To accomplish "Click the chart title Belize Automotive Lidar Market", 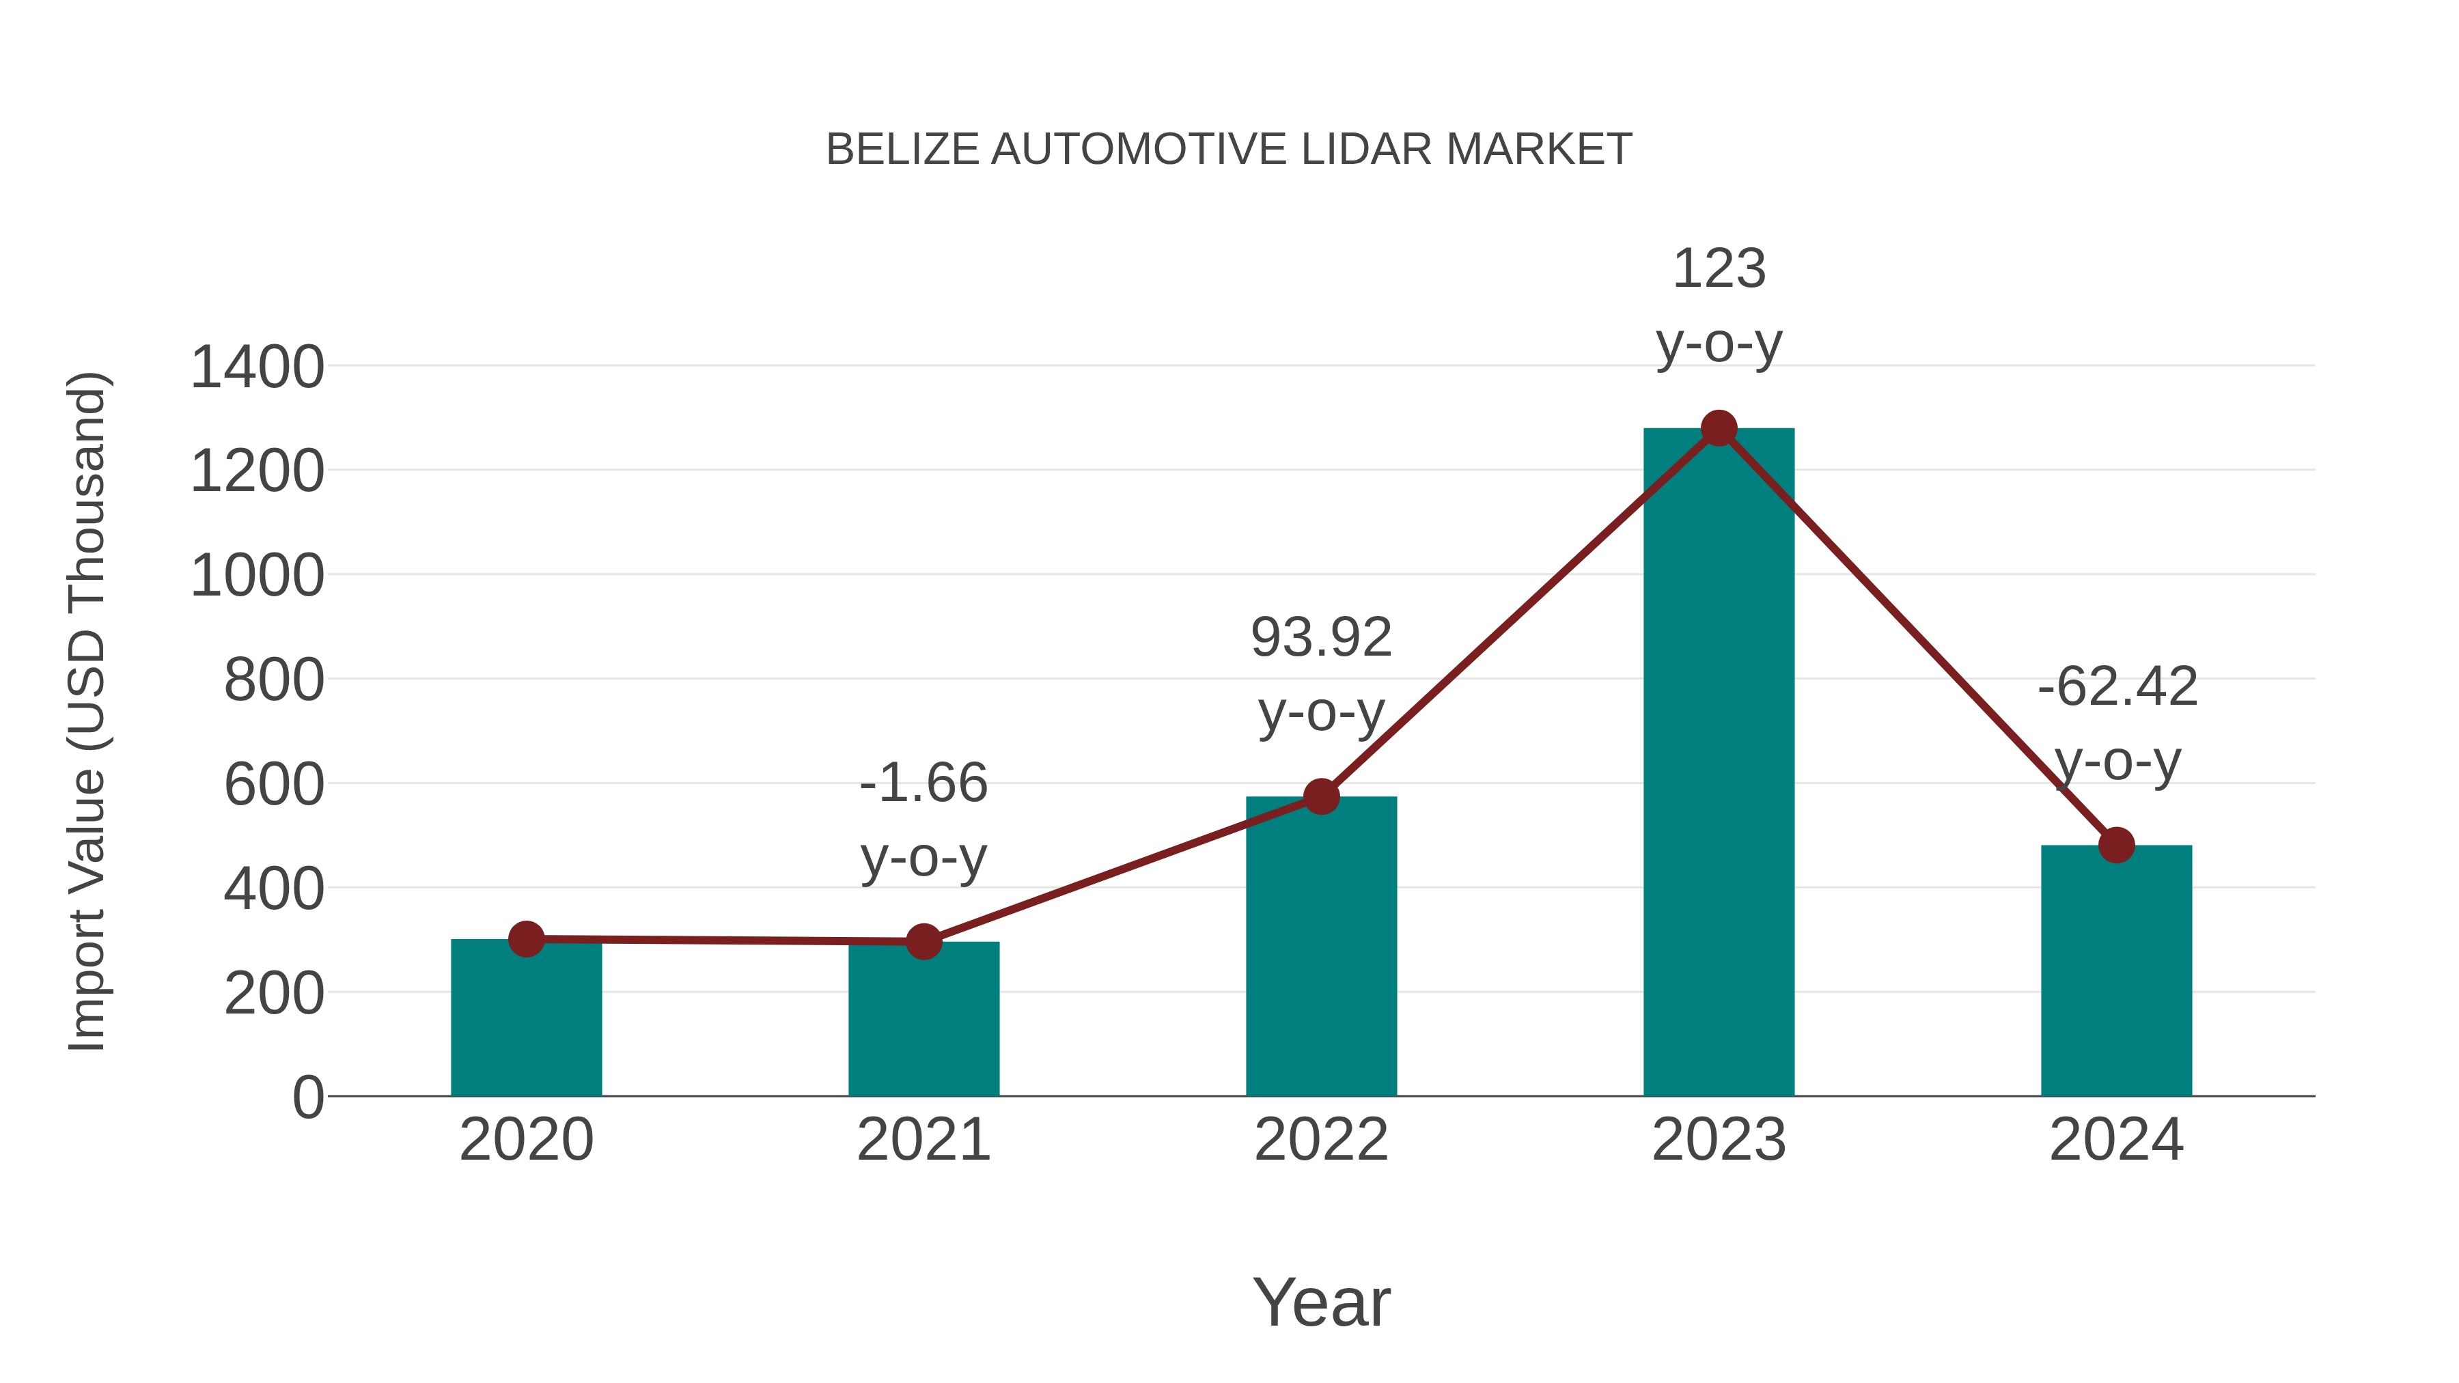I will pyautogui.click(x=1229, y=150).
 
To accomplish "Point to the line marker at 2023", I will pyautogui.click(x=1719, y=428).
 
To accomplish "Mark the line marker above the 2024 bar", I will pyautogui.click(x=2115, y=845).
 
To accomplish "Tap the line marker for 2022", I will pyautogui.click(x=1321, y=796).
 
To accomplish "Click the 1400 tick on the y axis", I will pyautogui.click(x=257, y=367).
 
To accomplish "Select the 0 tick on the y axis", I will pyautogui.click(x=307, y=1098).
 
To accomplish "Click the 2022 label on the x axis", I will pyautogui.click(x=1321, y=1140).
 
